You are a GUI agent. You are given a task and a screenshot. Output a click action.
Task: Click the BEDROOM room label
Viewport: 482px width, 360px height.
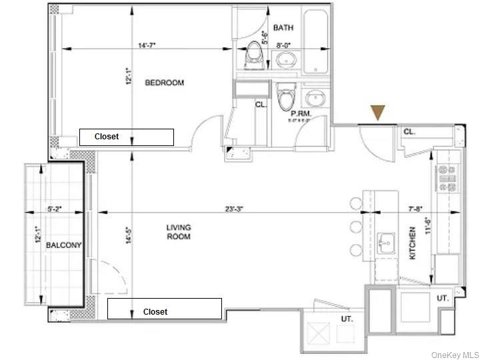tap(165, 83)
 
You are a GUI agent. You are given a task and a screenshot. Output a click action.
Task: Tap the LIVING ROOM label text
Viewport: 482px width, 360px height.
tap(179, 232)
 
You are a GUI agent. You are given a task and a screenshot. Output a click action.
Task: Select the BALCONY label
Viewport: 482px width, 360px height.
tap(64, 245)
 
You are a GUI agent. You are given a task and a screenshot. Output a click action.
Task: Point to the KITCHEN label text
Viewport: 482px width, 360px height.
tap(413, 243)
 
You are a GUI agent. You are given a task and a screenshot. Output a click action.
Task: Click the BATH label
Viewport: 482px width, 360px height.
tap(283, 28)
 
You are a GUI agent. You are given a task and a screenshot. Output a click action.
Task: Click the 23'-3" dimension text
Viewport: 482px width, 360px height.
tap(233, 209)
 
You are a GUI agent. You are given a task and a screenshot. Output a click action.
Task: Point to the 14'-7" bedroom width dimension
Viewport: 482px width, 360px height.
tap(147, 45)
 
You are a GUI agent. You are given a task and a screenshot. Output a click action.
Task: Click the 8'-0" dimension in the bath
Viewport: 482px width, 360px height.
tap(284, 45)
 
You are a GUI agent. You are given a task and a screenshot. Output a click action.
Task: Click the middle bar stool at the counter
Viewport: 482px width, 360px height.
tap(355, 227)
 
